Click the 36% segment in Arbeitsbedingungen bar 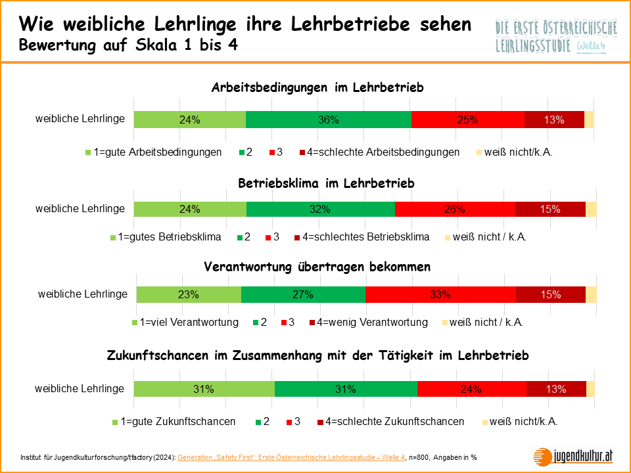(x=328, y=120)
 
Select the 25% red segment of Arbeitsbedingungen (x=468, y=120)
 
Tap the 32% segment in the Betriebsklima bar (x=321, y=209)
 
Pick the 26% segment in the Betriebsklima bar (x=455, y=209)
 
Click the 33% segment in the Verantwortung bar (x=440, y=295)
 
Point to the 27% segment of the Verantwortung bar (x=303, y=295)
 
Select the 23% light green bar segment (x=189, y=295)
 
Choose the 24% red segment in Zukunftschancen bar (x=472, y=389)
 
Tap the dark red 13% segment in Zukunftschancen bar (x=556, y=389)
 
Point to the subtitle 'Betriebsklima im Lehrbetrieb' (x=326, y=183)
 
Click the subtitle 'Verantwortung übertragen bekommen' (x=317, y=267)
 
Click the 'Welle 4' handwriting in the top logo (x=590, y=47)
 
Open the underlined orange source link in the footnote (x=291, y=457)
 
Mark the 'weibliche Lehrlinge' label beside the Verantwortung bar (x=83, y=294)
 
